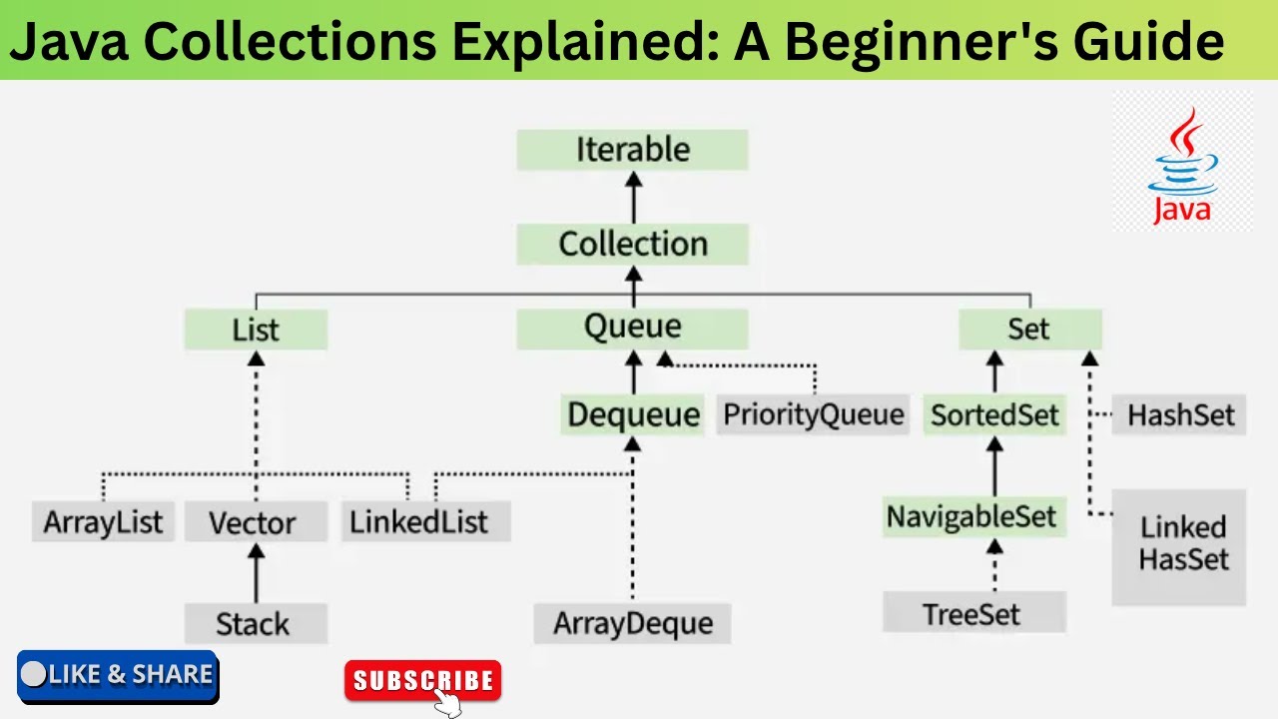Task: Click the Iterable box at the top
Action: (x=632, y=150)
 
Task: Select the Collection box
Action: (x=632, y=244)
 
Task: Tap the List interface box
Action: (x=256, y=330)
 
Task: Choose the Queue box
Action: (x=632, y=328)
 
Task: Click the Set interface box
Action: (x=1029, y=329)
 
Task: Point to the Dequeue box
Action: (x=633, y=414)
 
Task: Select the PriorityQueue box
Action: (x=813, y=414)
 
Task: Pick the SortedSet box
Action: (x=994, y=414)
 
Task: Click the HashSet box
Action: (x=1180, y=414)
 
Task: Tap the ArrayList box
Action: (x=103, y=522)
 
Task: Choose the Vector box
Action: (x=254, y=522)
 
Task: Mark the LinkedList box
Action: (x=419, y=521)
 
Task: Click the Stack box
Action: (x=254, y=624)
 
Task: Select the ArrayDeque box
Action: (x=633, y=623)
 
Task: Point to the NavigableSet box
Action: (x=970, y=517)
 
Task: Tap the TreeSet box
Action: (x=971, y=613)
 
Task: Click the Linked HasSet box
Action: (x=1181, y=545)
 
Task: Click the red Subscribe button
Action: (x=422, y=681)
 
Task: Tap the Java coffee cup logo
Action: (x=1183, y=165)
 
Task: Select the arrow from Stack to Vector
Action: (x=256, y=573)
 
